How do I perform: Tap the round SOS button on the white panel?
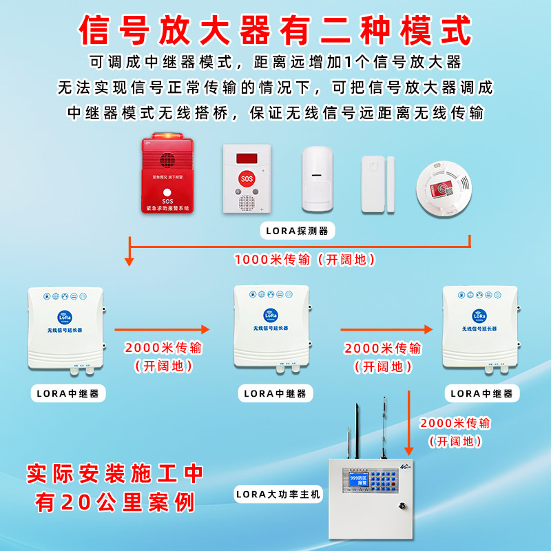[246, 178]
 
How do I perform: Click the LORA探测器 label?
[298, 230]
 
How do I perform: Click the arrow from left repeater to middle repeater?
[162, 329]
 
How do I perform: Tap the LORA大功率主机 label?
[278, 493]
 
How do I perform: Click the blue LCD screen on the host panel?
[359, 479]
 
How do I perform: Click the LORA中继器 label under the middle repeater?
[275, 394]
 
